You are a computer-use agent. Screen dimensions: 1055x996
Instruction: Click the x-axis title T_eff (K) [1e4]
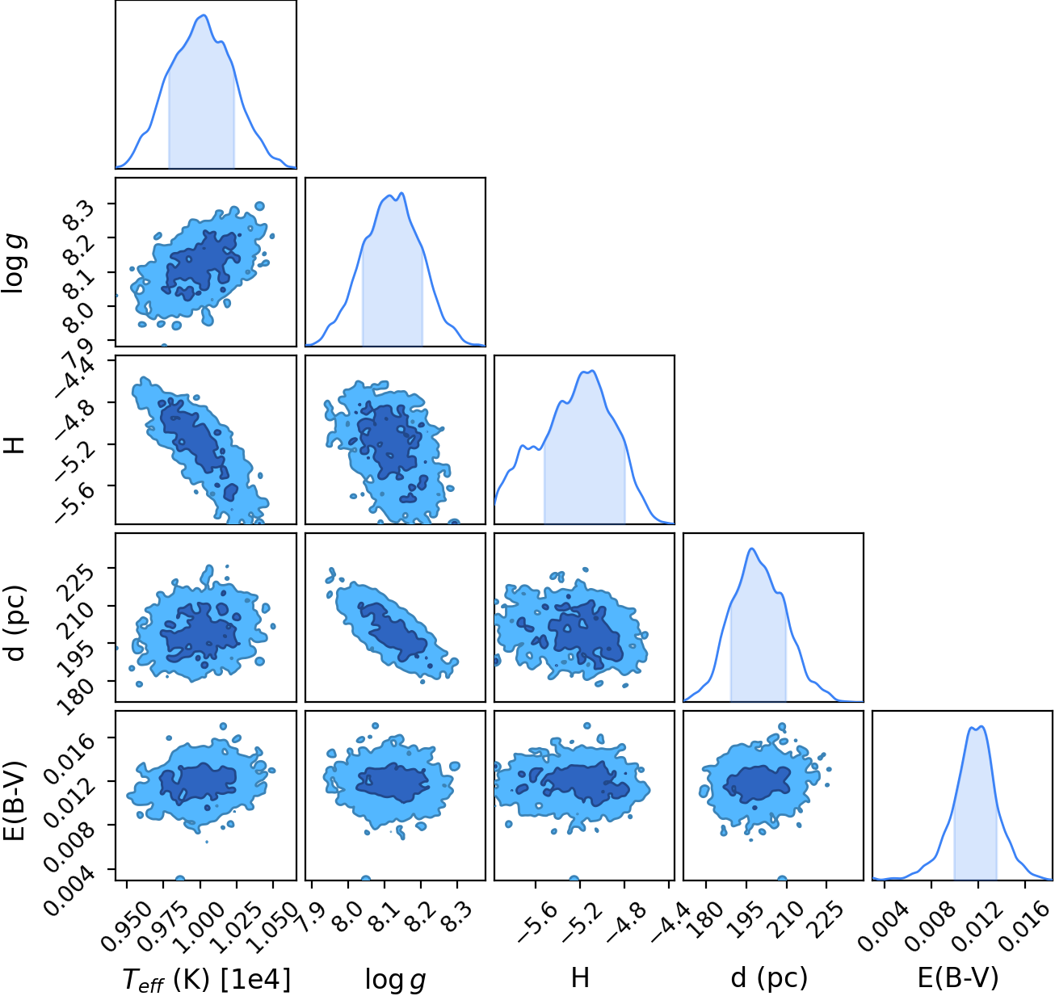(207, 978)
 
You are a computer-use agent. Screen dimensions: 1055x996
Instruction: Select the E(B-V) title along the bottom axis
(958, 977)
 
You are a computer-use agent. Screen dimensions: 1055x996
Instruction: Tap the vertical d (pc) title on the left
(16, 623)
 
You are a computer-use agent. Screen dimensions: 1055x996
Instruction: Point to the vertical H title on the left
(16, 444)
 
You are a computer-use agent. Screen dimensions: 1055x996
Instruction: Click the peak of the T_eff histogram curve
(204, 15)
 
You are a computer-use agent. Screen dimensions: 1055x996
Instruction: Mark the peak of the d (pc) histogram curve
(751, 548)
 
